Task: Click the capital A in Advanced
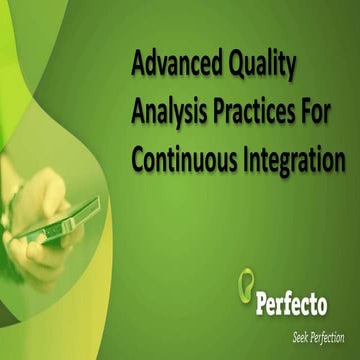point(140,67)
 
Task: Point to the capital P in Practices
point(216,112)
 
